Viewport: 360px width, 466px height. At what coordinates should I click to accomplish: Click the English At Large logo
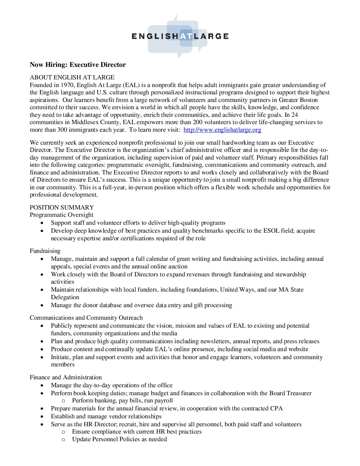pyautogui.click(x=180, y=36)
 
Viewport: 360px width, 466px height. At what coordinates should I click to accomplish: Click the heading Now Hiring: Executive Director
pyautogui.click(x=78, y=65)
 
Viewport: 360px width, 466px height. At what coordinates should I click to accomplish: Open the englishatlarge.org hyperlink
pyautogui.click(x=222, y=130)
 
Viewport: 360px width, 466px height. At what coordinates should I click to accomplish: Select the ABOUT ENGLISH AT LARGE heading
pyautogui.click(x=72, y=77)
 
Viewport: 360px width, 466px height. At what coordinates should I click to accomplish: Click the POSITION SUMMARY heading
pyautogui.click(x=62, y=208)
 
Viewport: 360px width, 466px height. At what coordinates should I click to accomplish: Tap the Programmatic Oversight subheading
pyautogui.click(x=62, y=215)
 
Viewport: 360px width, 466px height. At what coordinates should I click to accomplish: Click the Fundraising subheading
pyautogui.click(x=45, y=251)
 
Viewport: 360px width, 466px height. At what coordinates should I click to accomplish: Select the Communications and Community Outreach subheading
pyautogui.click(x=86, y=318)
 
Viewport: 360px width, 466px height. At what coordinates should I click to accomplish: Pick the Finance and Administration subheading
pyautogui.click(x=66, y=377)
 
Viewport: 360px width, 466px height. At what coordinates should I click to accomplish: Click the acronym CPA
pyautogui.click(x=276, y=408)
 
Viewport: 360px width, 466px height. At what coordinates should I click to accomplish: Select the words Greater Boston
pyautogui.click(x=298, y=100)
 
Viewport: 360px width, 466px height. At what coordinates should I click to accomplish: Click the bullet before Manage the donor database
pyautogui.click(x=42, y=305)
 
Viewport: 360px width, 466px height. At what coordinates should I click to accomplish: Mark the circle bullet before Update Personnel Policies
pyautogui.click(x=63, y=440)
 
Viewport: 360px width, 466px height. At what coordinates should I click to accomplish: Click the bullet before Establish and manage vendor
pyautogui.click(x=42, y=417)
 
